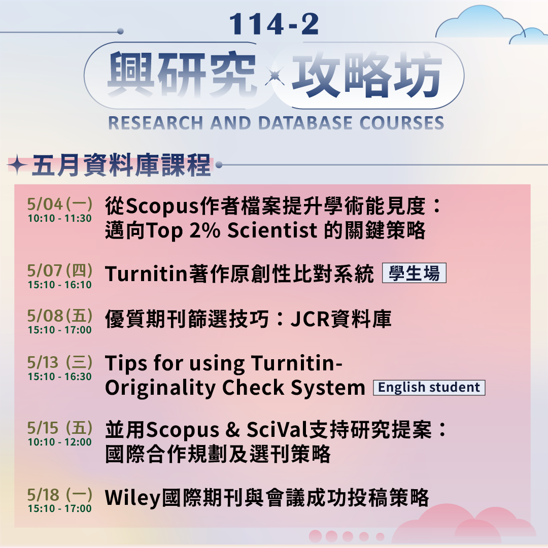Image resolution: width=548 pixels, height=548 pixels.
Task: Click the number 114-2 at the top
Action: click(x=274, y=24)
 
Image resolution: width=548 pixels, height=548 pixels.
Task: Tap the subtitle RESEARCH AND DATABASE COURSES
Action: click(x=276, y=123)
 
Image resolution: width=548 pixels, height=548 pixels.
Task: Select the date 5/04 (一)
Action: click(x=60, y=204)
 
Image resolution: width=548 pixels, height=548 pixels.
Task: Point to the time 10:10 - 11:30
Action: click(x=60, y=219)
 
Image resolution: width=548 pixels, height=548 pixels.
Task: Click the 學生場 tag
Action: click(x=414, y=274)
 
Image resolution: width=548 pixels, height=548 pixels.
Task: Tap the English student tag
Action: click(x=429, y=388)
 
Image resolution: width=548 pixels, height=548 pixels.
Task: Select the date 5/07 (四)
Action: click(x=60, y=270)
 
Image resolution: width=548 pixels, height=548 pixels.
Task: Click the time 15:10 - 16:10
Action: click(x=60, y=285)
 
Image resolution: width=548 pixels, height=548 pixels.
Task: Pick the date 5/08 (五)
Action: click(x=60, y=316)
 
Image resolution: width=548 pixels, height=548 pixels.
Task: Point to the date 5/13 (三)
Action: click(x=60, y=362)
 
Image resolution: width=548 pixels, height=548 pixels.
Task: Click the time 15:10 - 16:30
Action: click(x=60, y=376)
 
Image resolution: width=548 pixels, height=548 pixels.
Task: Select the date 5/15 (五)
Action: click(x=60, y=428)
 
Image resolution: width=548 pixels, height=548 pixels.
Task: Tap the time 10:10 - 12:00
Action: click(x=60, y=442)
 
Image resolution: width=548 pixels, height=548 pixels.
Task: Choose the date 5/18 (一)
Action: click(x=60, y=494)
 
